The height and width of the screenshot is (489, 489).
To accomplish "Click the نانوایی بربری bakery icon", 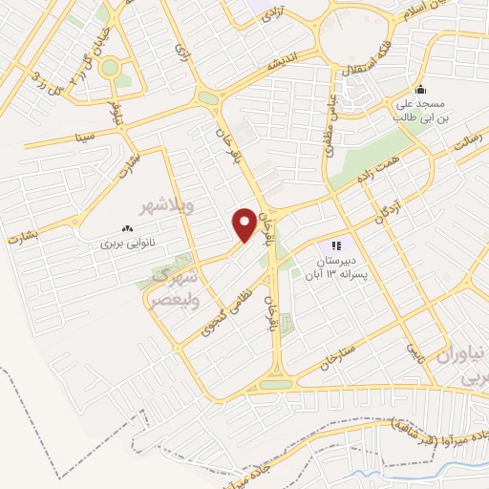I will click(x=127, y=228).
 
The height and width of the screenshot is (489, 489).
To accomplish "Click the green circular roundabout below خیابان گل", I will click(x=110, y=68).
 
